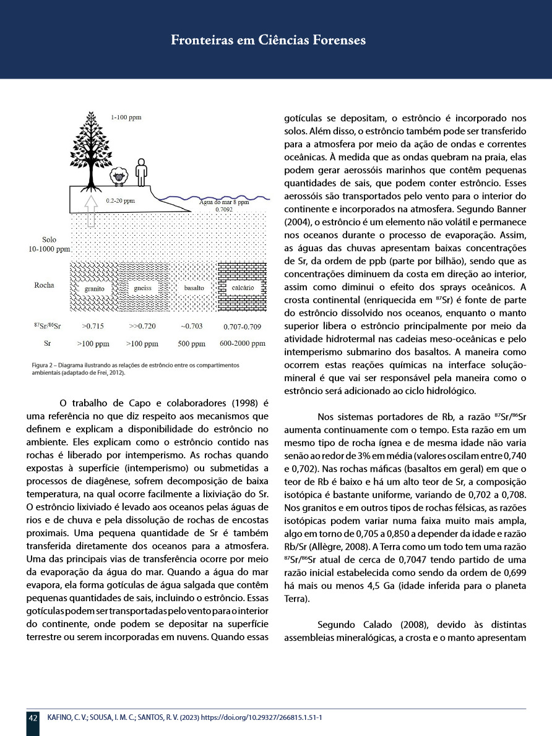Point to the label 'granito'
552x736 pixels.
point(94,288)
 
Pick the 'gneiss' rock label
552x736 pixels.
point(142,288)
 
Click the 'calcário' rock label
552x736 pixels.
point(242,288)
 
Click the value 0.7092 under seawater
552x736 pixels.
point(224,210)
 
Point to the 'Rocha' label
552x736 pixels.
point(44,286)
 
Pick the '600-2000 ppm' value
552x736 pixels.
point(243,343)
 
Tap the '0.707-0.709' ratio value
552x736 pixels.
point(242,325)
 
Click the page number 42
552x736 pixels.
point(33,718)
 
